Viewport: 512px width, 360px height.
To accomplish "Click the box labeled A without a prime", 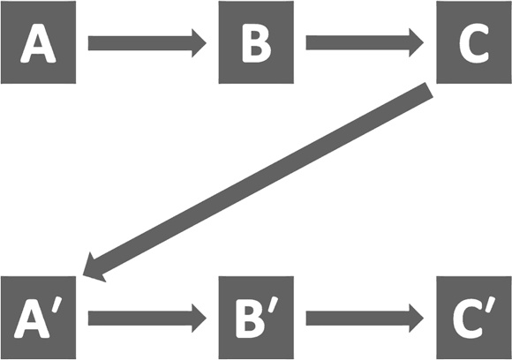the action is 38,42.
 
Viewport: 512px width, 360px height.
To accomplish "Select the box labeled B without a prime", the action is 256,42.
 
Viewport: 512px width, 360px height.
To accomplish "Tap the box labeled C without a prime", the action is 474,42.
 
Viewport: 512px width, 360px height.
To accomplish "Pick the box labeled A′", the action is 38,318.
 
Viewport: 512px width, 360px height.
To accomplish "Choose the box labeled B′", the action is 256,318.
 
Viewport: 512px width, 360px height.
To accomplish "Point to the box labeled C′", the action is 474,318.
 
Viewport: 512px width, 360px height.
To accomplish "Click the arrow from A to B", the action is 147,43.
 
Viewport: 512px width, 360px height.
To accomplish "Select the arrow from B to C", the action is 365,42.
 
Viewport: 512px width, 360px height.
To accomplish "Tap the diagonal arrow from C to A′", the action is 258,182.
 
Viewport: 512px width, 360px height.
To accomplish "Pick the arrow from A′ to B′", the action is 147,319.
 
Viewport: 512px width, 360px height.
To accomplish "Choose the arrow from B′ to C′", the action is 365,319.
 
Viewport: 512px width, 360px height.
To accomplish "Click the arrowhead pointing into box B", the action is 199,43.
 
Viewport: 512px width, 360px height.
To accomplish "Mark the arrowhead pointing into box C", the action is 417,42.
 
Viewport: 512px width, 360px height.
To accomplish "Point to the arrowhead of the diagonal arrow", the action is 92,268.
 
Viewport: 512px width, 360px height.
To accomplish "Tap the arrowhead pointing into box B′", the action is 199,319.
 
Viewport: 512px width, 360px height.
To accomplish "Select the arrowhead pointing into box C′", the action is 417,319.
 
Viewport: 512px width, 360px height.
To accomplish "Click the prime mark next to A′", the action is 56,305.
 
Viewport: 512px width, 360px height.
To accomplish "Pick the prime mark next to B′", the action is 274,305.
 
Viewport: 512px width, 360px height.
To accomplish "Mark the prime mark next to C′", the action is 491,305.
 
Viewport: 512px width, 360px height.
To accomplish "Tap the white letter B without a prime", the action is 256,42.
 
